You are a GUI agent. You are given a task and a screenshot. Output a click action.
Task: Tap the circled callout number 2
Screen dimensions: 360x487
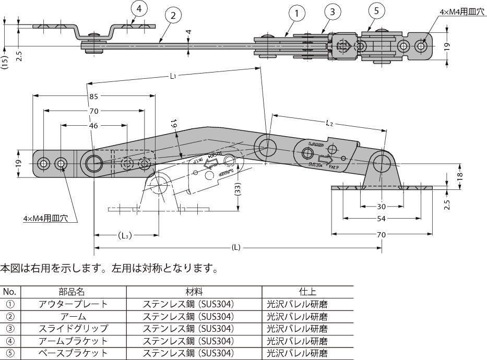(x=173, y=15)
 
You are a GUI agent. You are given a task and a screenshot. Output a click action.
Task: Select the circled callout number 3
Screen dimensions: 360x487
(x=332, y=11)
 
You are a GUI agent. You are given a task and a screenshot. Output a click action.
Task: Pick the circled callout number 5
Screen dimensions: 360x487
(x=376, y=10)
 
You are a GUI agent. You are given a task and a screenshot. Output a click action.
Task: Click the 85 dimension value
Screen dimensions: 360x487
(x=93, y=96)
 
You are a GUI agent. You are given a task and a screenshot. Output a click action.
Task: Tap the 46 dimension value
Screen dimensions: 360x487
(x=93, y=125)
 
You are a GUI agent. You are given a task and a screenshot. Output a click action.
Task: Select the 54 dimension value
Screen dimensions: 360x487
(x=382, y=219)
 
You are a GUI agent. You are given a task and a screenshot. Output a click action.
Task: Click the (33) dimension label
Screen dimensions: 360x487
(x=237, y=190)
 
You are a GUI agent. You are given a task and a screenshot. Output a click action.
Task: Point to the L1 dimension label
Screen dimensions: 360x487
(x=173, y=76)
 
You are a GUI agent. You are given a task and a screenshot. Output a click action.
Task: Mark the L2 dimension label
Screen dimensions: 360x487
(x=329, y=124)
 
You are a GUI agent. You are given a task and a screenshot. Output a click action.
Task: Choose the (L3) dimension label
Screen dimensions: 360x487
(x=124, y=235)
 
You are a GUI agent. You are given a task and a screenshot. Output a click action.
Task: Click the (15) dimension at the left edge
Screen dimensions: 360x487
(x=5, y=62)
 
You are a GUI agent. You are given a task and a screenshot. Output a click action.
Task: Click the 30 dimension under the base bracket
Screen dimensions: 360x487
(x=382, y=206)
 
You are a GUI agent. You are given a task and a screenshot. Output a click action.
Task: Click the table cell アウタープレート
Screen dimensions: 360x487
(x=73, y=304)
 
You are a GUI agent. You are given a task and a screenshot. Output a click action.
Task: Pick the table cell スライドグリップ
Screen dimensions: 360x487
(x=73, y=329)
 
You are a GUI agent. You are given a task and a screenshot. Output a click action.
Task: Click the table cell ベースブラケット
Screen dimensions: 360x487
(x=73, y=353)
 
